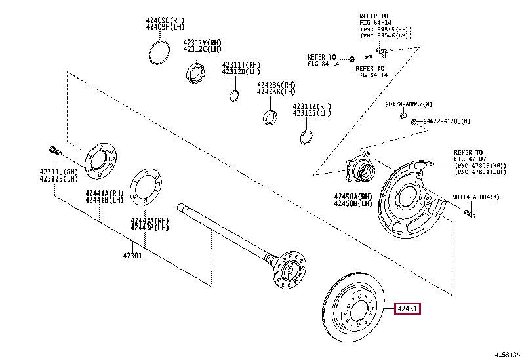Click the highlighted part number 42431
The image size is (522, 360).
coord(407,309)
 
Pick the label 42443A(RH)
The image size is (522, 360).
coord(150,220)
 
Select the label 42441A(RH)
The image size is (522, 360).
coord(104,193)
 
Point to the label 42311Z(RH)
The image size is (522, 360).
coord(312,106)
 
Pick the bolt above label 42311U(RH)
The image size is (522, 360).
coord(55,151)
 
